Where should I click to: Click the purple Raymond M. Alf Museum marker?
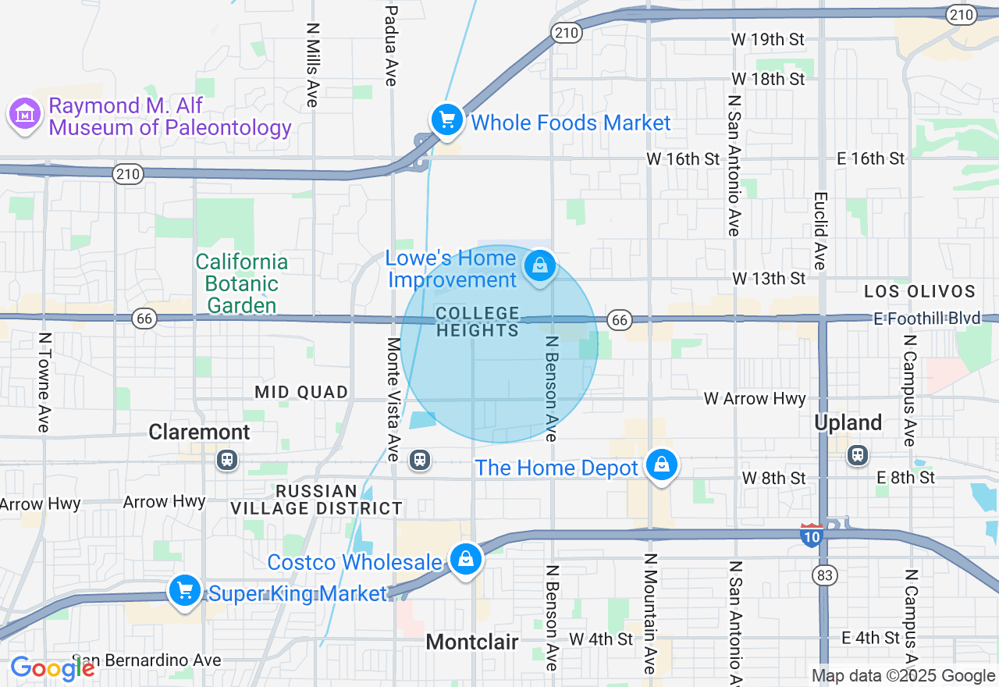tap(25, 115)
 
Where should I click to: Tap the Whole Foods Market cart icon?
tap(447, 121)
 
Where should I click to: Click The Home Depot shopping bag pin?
tap(662, 465)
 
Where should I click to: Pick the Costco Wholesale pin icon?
tap(466, 560)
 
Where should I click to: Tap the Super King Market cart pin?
tap(185, 591)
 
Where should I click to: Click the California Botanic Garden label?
tap(242, 283)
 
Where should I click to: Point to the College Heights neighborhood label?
tap(478, 322)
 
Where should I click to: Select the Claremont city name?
tap(200, 432)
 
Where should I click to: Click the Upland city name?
tap(848, 423)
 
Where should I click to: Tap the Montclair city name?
tap(472, 643)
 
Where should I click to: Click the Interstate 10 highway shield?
tap(811, 535)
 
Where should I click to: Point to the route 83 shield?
tap(823, 575)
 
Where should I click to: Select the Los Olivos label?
tap(920, 292)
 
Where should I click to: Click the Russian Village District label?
tap(316, 500)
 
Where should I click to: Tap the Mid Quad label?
tap(301, 392)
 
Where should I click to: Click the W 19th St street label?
tap(767, 39)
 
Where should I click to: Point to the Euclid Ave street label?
tap(819, 231)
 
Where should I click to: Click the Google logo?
tap(52, 668)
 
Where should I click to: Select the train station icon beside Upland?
tap(858, 454)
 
